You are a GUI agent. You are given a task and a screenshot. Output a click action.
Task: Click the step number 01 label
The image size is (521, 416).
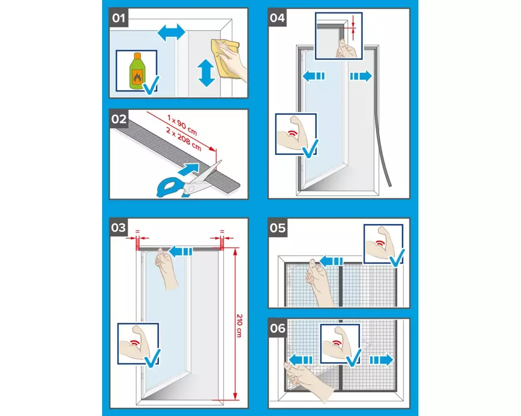(119, 18)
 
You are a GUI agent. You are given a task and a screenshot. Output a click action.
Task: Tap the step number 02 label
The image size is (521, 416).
(119, 119)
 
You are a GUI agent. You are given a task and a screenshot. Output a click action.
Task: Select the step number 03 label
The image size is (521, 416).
(119, 228)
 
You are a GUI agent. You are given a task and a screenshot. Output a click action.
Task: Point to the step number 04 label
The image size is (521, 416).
(278, 18)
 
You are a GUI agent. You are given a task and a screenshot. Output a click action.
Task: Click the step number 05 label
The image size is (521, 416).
(278, 228)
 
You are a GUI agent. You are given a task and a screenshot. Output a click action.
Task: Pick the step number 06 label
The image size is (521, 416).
(278, 329)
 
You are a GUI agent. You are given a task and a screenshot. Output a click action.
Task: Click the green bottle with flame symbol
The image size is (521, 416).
(136, 71)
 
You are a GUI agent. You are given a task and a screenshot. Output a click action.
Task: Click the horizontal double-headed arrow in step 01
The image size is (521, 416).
(171, 33)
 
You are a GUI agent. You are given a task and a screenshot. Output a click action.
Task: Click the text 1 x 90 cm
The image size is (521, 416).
(182, 125)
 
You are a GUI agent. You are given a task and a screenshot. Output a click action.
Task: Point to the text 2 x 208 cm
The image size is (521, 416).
(183, 139)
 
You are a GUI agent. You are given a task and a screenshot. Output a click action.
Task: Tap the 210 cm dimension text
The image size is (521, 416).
(239, 326)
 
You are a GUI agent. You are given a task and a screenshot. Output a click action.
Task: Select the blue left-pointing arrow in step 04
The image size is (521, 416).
(314, 76)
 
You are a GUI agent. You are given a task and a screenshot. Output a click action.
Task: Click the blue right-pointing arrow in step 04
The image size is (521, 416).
(361, 76)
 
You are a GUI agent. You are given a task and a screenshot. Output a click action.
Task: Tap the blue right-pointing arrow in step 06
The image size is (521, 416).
(381, 360)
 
